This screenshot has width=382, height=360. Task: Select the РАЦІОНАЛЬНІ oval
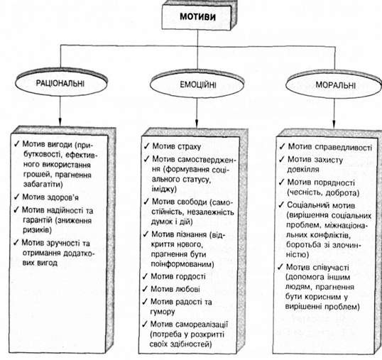[61, 82]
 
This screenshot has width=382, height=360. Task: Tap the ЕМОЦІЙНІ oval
[197, 84]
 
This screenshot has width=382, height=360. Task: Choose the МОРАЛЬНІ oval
[334, 84]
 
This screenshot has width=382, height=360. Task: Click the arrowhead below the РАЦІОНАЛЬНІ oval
[60, 122]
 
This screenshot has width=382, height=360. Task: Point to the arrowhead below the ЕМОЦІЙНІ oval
[197, 124]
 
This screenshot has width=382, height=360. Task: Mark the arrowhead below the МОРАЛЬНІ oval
[334, 124]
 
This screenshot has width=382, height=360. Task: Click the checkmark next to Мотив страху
[146, 146]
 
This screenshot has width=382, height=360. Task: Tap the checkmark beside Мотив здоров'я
[16, 197]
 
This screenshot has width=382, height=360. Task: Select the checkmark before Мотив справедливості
[282, 146]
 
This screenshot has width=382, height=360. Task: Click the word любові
[187, 289]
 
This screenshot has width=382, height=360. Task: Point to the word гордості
[190, 276]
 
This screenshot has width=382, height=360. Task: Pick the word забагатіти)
[43, 184]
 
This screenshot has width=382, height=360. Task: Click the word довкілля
[303, 169]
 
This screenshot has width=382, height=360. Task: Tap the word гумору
[163, 312]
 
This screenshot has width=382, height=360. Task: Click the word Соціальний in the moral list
[307, 205]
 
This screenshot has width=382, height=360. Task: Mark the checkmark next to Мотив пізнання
[146, 234]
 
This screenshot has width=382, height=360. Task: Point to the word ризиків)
[37, 230]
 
